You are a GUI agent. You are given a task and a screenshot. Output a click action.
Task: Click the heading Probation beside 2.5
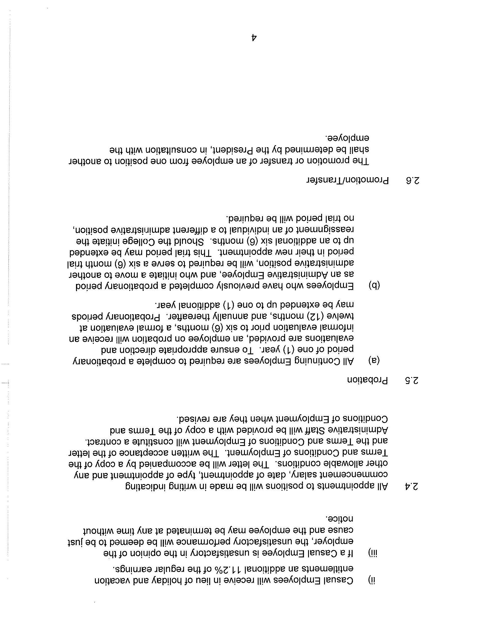point(367,381)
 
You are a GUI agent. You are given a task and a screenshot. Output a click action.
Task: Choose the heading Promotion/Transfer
point(347,181)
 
